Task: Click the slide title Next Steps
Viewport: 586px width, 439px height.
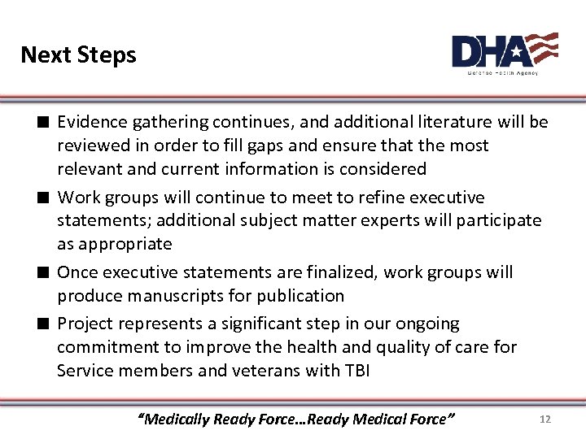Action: (x=78, y=54)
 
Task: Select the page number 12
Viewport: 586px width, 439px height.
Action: (x=545, y=419)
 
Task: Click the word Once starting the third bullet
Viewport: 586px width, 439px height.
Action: (x=77, y=272)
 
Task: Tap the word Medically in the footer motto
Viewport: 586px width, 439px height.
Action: (x=178, y=419)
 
